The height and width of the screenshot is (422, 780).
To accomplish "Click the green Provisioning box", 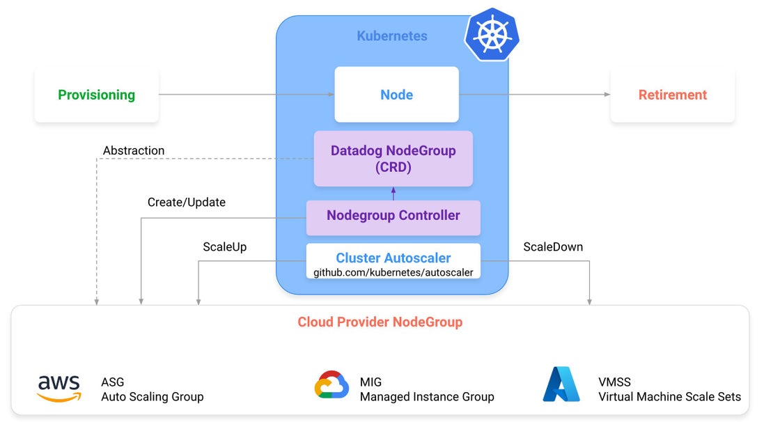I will point(96,95).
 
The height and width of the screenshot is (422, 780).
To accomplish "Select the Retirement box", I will point(672,95).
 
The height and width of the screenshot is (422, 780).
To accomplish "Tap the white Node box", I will point(396,95).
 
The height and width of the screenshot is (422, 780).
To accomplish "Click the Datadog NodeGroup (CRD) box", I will point(393,159).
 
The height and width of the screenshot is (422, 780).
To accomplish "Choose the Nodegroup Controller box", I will point(393,216).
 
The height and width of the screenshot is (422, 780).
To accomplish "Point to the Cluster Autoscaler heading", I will point(393,258).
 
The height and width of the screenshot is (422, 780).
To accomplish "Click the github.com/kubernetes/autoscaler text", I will point(393,272).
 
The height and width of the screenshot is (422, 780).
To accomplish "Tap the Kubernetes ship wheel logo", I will point(492,34).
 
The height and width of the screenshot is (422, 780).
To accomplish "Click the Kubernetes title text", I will point(392,36).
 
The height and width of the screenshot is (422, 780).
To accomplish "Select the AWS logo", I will point(58,388).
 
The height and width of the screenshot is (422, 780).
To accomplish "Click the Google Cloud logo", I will point(331,385).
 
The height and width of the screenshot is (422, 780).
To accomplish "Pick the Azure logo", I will point(561,384).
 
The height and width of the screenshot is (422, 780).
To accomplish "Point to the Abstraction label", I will point(134,150).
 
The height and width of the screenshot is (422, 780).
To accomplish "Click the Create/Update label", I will point(186,203).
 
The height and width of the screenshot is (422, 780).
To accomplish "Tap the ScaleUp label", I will point(224,247).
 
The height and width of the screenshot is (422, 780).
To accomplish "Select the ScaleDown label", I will point(553,247).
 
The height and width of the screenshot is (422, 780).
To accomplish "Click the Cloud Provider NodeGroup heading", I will point(380,322).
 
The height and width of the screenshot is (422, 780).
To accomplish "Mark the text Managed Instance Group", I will point(426,397).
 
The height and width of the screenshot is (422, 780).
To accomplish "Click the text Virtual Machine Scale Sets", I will point(669,397).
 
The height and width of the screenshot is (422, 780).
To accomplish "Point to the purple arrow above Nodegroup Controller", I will point(393,194).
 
